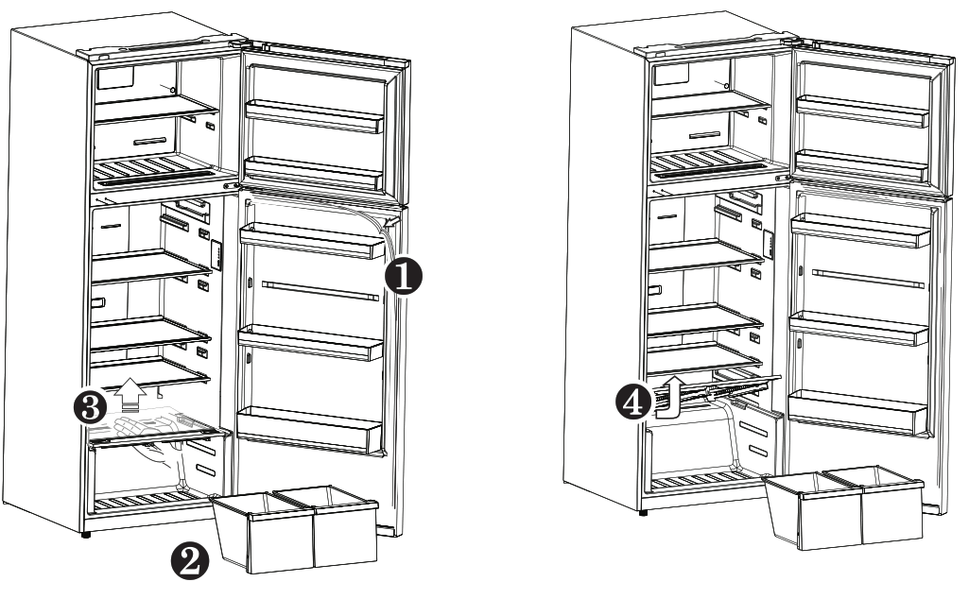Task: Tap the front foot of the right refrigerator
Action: point(643,513)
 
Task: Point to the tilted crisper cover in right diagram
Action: point(723,386)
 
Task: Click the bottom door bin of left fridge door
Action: point(308,429)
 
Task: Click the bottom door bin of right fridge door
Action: point(858,408)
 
